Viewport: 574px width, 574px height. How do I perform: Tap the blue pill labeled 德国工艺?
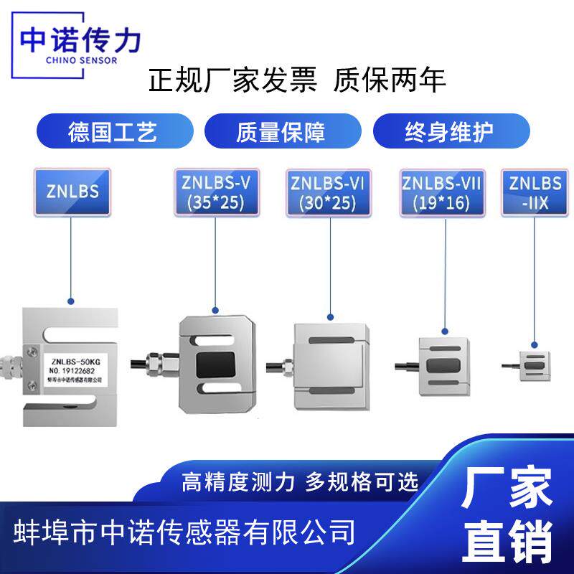(112, 132)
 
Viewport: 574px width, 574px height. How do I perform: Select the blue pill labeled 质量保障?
(281, 132)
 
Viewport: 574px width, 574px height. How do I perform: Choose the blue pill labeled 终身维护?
(450, 132)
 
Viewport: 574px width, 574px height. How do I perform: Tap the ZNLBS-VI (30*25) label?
(329, 192)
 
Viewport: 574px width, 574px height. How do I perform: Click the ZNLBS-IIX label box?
(535, 192)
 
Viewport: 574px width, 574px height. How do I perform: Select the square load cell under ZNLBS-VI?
(331, 367)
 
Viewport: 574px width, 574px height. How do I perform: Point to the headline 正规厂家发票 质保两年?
(297, 80)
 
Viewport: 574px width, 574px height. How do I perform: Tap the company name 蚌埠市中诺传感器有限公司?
(185, 532)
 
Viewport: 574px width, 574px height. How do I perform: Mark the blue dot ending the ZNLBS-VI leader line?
(330, 316)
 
